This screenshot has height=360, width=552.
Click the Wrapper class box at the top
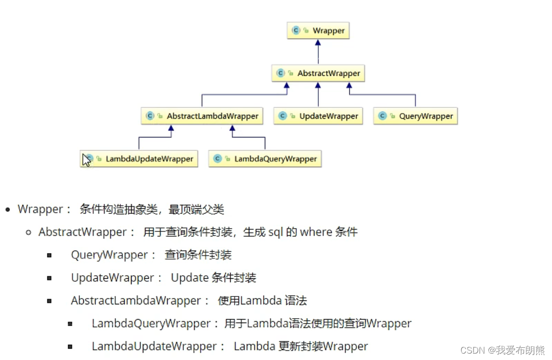click(x=318, y=31)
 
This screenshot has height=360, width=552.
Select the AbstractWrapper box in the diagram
click(x=318, y=73)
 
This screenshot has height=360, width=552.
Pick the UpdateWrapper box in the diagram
click(x=318, y=116)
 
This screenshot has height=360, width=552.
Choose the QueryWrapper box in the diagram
click(x=415, y=116)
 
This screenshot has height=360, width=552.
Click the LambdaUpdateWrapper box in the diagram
click(x=139, y=159)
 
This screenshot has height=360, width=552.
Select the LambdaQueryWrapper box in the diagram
click(x=265, y=159)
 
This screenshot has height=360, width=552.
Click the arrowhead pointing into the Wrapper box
click(x=318, y=43)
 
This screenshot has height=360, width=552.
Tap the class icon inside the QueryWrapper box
click(x=382, y=116)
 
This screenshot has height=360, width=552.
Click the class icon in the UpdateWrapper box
click(x=282, y=116)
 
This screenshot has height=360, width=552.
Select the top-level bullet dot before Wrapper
click(x=8, y=210)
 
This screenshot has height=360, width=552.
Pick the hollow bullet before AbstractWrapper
click(x=29, y=232)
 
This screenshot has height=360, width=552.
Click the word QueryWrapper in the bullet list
click(x=109, y=255)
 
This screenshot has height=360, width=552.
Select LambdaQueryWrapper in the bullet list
click(x=151, y=324)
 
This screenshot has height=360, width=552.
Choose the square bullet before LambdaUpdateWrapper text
click(x=70, y=347)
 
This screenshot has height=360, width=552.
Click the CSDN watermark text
click(x=502, y=350)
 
